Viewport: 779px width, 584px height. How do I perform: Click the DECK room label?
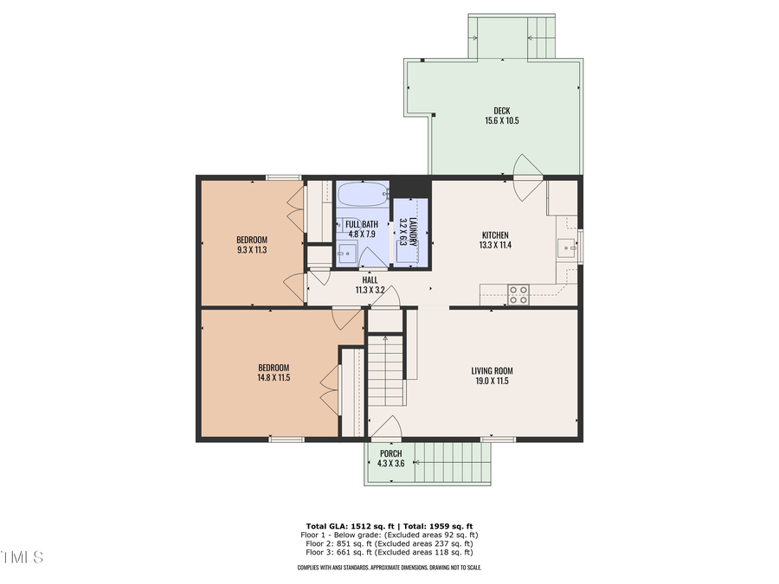click(501, 110)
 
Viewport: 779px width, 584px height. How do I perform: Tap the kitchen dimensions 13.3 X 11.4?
click(495, 246)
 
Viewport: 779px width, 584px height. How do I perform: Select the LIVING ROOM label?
click(493, 370)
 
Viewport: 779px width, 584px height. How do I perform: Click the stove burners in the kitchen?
click(518, 294)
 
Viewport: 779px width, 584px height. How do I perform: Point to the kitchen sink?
click(569, 248)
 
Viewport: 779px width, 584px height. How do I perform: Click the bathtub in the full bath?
click(363, 194)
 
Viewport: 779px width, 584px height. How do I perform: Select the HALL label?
click(370, 279)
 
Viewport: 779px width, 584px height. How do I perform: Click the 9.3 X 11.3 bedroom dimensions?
click(252, 250)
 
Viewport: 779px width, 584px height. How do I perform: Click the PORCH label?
click(390, 452)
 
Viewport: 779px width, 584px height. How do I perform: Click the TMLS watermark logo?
click(22, 556)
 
